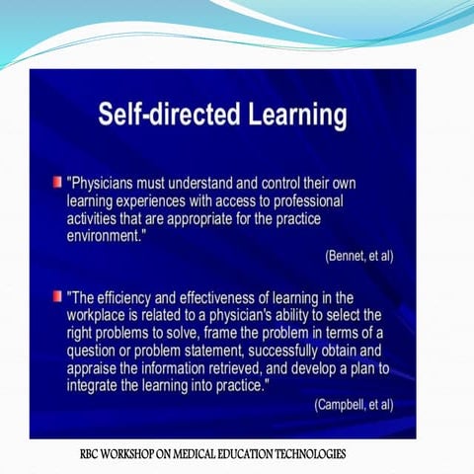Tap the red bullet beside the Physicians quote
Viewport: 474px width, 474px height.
57,184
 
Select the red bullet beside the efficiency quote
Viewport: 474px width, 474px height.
57,295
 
